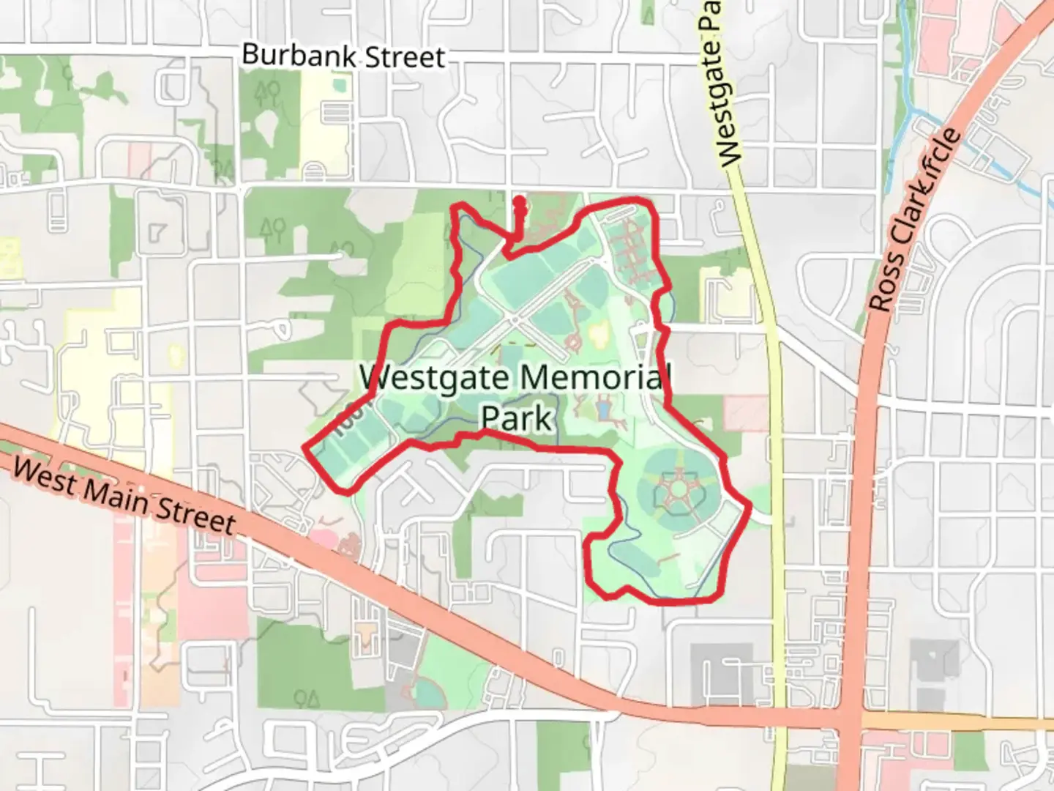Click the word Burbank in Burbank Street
click(x=288, y=55)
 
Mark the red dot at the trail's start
click(x=519, y=201)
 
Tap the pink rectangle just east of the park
click(x=746, y=412)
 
